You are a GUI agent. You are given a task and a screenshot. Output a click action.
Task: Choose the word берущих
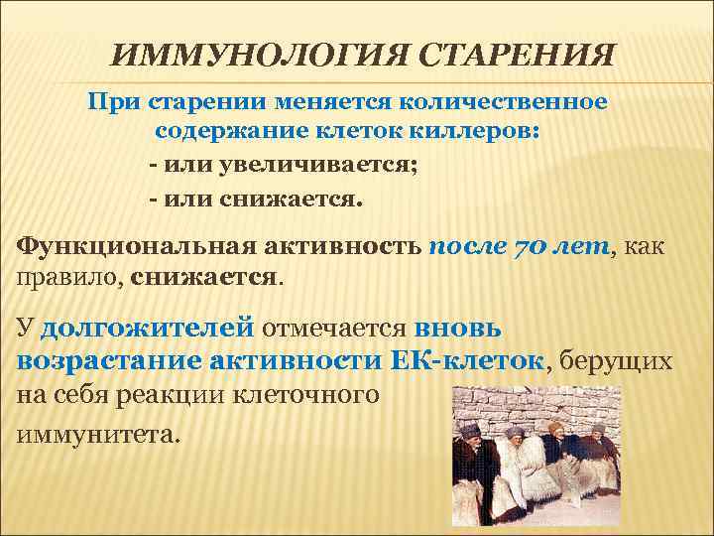(616, 361)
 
